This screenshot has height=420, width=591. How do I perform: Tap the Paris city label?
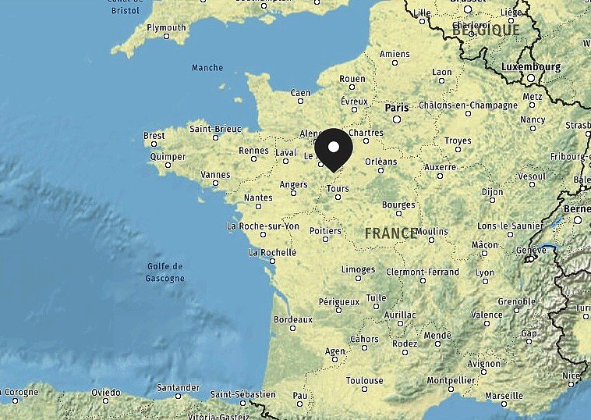coord(396,107)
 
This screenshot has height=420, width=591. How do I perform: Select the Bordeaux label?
coord(292,319)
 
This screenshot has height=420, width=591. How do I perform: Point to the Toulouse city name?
coord(365,381)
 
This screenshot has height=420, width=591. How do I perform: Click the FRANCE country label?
coord(391,233)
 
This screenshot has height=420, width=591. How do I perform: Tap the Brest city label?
coord(154,136)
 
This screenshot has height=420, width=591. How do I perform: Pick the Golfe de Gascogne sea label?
coord(165,272)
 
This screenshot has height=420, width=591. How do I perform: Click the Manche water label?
coord(207,68)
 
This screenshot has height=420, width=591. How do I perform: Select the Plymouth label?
coord(166,27)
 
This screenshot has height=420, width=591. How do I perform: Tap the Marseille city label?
coord(504,395)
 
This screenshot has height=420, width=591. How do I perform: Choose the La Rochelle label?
coord(272,252)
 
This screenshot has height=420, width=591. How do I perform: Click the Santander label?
coord(178,386)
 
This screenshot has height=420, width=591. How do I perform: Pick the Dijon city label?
coord(492,190)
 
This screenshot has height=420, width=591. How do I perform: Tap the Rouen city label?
coord(352,79)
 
